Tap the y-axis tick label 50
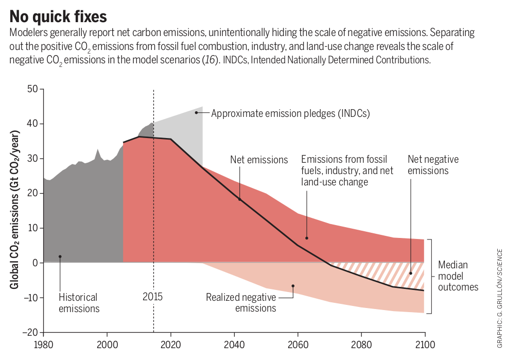click(32, 89)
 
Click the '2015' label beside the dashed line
click(152, 297)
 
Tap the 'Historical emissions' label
click(79, 303)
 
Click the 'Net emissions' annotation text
click(259, 160)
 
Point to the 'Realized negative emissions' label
click(241, 303)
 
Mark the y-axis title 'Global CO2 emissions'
click(16, 210)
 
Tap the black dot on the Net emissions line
click(239, 199)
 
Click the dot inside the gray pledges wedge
click(196, 112)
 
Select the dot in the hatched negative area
click(410, 273)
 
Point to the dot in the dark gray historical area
click(60, 256)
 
